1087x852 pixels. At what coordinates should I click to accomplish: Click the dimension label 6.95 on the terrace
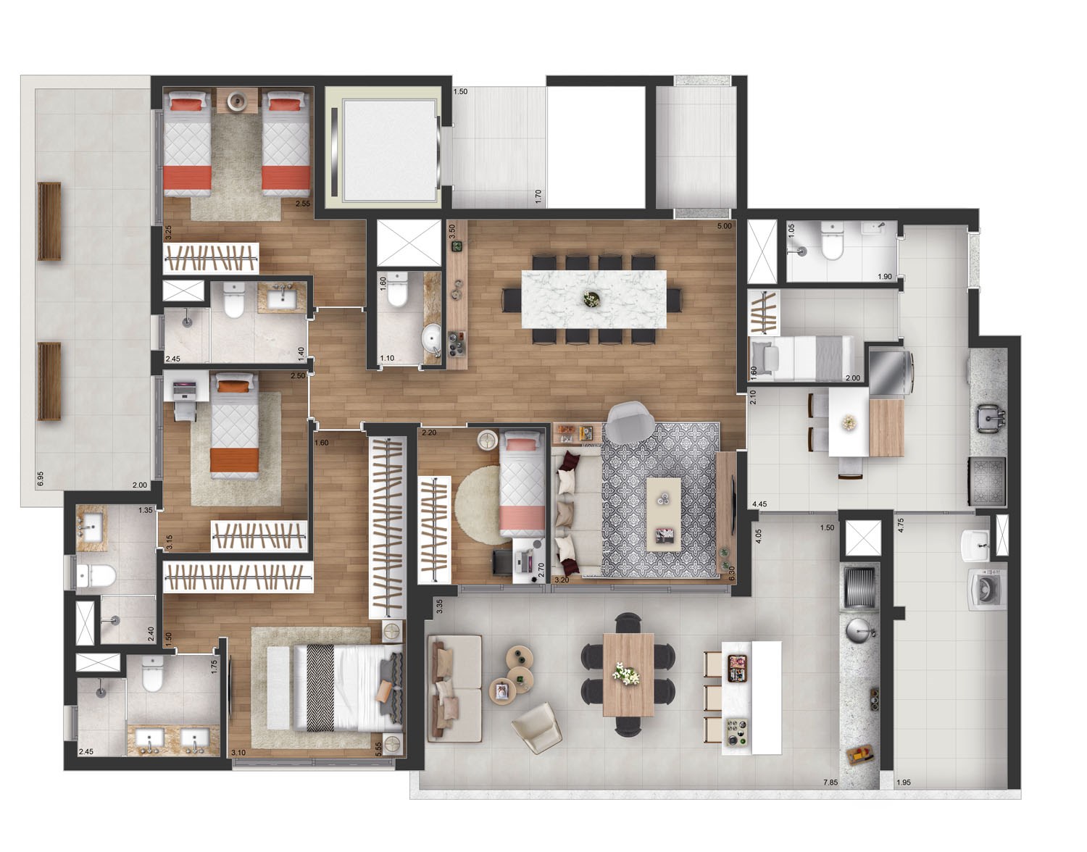tap(41, 478)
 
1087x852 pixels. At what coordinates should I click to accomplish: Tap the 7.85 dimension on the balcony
tap(830, 782)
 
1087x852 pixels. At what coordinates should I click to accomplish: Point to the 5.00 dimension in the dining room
tap(725, 226)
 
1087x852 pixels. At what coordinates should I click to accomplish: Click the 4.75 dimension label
tap(901, 525)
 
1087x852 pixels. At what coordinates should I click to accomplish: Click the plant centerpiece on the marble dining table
tap(592, 299)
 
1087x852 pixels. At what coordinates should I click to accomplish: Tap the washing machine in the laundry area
tap(986, 590)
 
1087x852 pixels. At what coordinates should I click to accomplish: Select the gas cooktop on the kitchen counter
tap(987, 480)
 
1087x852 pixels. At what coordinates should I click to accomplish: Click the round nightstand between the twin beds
tap(237, 101)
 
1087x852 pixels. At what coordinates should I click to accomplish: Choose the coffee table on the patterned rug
tap(664, 514)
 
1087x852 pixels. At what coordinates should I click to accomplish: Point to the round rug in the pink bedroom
tap(479, 505)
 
